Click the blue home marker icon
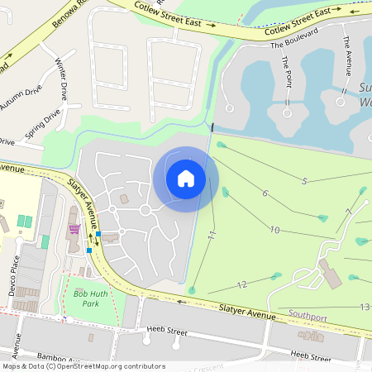pyautogui.click(x=186, y=179)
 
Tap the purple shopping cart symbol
pyautogui.click(x=74, y=228)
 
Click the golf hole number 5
pyautogui.click(x=304, y=180)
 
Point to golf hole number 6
pyautogui.click(x=265, y=193)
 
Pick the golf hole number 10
pyautogui.click(x=274, y=230)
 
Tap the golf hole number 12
pyautogui.click(x=241, y=284)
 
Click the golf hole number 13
pyautogui.click(x=364, y=307)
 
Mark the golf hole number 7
pyautogui.click(x=349, y=212)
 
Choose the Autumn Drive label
pyautogui.click(x=22, y=99)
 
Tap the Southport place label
pyautogui.click(x=308, y=314)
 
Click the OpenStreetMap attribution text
pyautogui.click(x=83, y=366)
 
